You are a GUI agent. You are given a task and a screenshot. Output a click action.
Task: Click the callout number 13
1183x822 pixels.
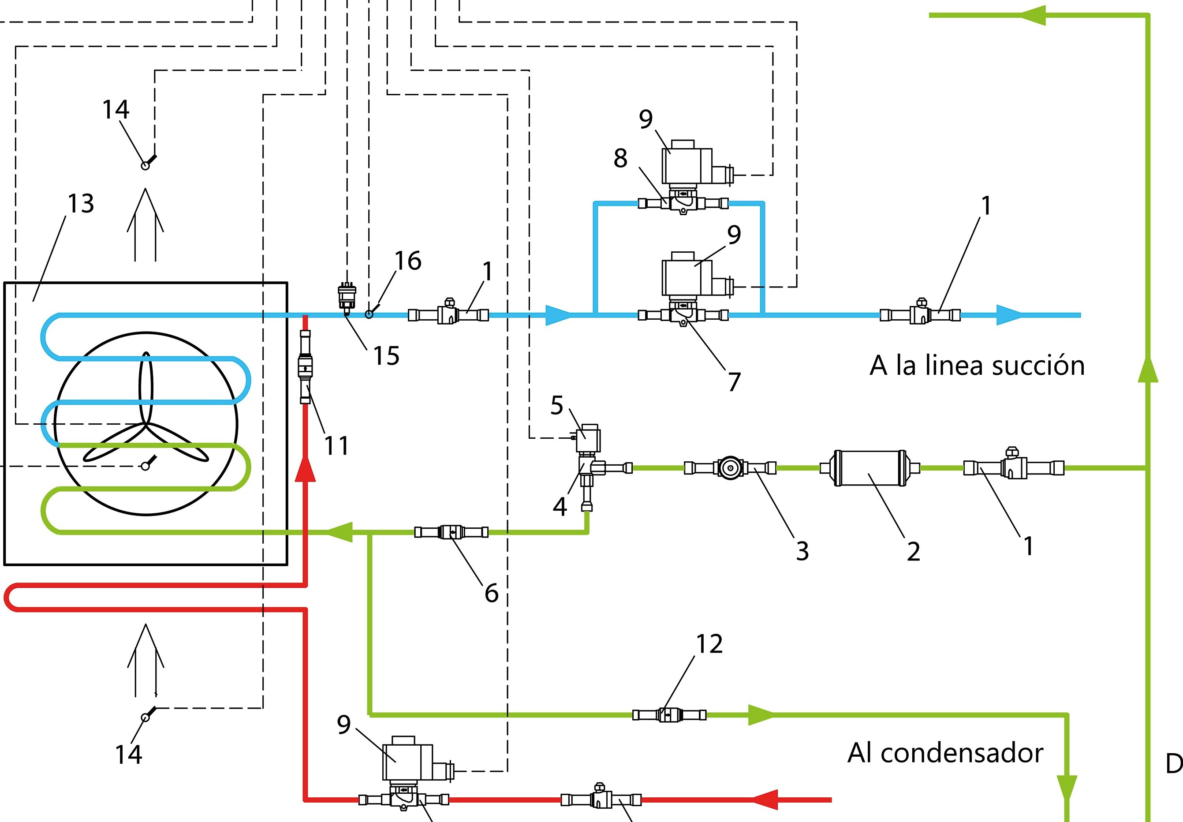(x=81, y=203)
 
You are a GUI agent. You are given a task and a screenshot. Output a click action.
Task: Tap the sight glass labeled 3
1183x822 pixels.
(x=730, y=467)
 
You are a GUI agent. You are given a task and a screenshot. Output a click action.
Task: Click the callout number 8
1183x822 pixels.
(x=620, y=158)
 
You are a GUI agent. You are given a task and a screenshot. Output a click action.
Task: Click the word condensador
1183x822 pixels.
(x=962, y=753)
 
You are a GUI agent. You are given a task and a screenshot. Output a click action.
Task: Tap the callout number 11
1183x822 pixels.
(x=336, y=445)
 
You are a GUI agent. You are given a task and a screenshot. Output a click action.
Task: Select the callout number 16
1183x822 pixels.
(x=408, y=261)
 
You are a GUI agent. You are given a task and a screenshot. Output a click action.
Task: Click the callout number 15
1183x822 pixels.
(x=386, y=355)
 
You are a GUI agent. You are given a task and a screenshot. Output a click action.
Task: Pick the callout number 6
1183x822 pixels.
(x=491, y=593)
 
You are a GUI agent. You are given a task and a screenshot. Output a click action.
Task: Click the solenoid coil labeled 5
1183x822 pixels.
(x=589, y=438)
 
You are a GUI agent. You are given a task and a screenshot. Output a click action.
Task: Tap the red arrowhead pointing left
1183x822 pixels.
(x=766, y=800)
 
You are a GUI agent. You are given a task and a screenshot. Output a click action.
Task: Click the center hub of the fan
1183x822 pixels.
(x=146, y=424)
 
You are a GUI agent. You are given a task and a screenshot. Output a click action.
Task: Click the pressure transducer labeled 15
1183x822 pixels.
(x=347, y=296)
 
